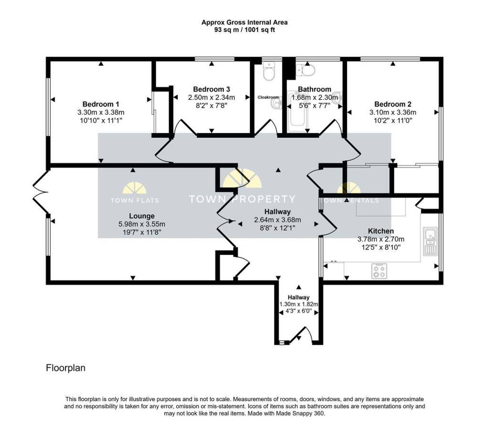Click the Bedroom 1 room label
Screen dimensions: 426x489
pyautogui.click(x=101, y=104)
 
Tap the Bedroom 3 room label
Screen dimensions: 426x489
pyautogui.click(x=212, y=89)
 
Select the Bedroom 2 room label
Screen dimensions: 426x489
pyautogui.click(x=393, y=104)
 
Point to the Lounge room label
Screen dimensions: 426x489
pyautogui.click(x=141, y=216)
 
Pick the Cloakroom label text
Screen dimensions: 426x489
pyautogui.click(x=268, y=97)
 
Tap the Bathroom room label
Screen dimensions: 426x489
pyautogui.click(x=314, y=89)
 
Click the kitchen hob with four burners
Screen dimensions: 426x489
pyautogui.click(x=380, y=271)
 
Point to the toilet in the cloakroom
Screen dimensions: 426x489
pyautogui.click(x=268, y=72)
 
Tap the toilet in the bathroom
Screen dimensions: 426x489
pyautogui.click(x=306, y=70)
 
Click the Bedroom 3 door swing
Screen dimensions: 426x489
pyautogui.click(x=185, y=128)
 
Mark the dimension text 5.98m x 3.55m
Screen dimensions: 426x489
pyautogui.click(x=141, y=224)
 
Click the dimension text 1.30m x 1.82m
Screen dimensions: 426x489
pyautogui.click(x=298, y=304)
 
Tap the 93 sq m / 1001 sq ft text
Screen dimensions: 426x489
pyautogui.click(x=244, y=30)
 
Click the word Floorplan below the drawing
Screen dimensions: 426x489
pyautogui.click(x=65, y=368)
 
